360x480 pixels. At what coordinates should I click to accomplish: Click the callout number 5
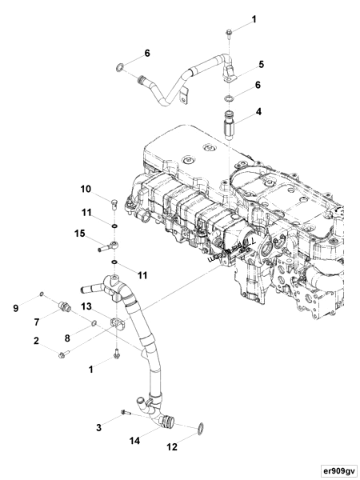[261, 63]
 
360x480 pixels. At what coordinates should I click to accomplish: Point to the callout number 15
[80, 234]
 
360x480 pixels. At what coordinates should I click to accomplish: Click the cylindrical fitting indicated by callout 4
[229, 127]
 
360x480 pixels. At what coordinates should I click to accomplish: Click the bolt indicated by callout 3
[125, 411]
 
